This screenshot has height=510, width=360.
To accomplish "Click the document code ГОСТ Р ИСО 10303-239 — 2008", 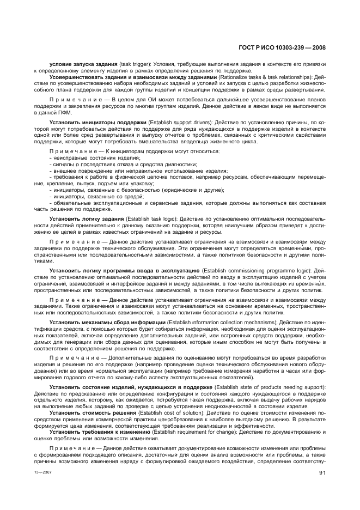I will [282, 48].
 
